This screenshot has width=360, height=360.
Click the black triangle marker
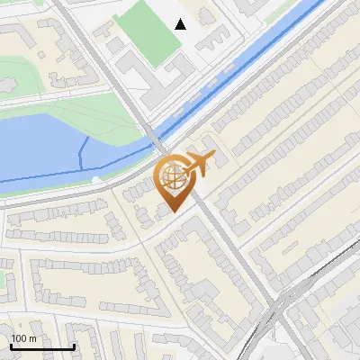pyautogui.click(x=181, y=24)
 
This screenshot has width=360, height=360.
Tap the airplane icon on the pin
pyautogui.click(x=198, y=164)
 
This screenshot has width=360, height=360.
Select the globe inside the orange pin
pyautogui.click(x=173, y=175)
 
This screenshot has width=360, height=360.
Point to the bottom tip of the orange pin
pyautogui.click(x=174, y=211)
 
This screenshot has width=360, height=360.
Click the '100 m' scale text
pyautogui.click(x=23, y=338)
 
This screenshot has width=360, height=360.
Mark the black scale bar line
pyautogui.click(x=42, y=347)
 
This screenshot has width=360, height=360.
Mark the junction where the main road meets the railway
pyautogui.click(x=274, y=310)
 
